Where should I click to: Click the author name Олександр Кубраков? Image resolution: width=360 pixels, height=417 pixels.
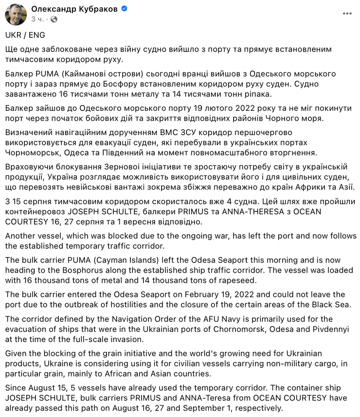point(74,9)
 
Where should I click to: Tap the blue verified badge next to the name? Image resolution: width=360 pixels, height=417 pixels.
point(124,9)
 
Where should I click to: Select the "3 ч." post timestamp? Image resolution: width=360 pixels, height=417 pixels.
point(38,19)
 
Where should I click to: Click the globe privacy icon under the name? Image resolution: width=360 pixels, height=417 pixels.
point(54,19)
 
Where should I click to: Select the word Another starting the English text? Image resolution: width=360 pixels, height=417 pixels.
point(21,235)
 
